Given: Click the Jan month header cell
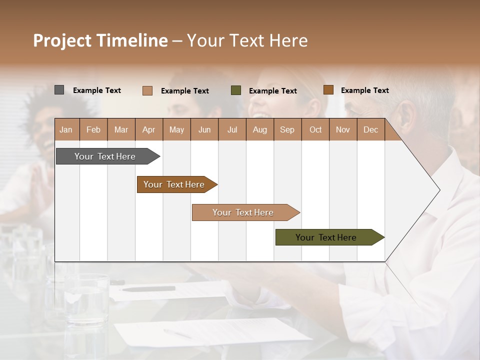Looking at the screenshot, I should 66,130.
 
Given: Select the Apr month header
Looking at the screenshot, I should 149,130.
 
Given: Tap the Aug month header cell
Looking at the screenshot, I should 260,130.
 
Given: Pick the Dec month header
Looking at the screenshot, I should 370,130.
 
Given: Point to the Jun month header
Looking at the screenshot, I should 204,130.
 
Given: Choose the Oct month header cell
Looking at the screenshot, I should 315,130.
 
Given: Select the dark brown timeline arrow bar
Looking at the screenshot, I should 175,184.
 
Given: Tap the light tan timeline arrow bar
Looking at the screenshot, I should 244,212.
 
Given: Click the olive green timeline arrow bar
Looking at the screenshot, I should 327,237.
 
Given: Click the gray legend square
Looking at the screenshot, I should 59,90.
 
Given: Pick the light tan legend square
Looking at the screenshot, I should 147,90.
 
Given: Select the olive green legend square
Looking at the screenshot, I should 236,90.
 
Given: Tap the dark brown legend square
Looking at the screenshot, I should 328,90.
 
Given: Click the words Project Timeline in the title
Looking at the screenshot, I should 100,40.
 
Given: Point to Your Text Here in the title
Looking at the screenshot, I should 247,40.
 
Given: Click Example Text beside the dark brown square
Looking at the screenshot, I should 364,90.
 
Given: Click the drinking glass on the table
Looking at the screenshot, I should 86,305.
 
